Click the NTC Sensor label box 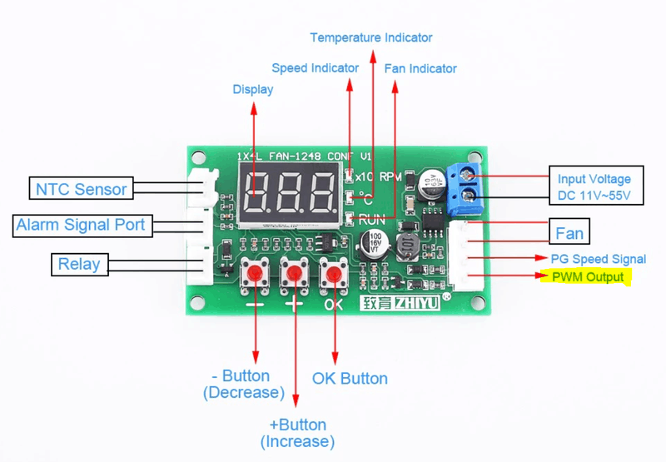(x=81, y=189)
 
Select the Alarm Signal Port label (x=81, y=225)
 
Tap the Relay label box (x=79, y=265)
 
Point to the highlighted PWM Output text (x=587, y=276)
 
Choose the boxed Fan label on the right (x=569, y=231)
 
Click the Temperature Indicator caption (x=371, y=37)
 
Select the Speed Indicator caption (x=316, y=67)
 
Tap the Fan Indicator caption (x=420, y=68)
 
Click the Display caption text (x=253, y=89)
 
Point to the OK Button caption (x=350, y=379)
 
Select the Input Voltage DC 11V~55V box (x=594, y=187)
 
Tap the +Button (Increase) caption (x=297, y=433)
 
